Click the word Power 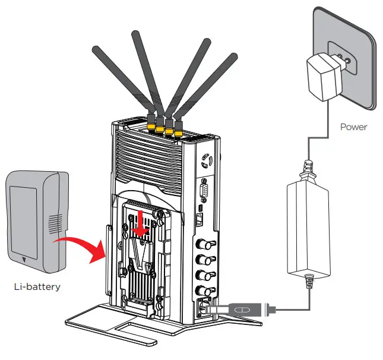click(354, 127)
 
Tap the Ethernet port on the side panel click(201, 219)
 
